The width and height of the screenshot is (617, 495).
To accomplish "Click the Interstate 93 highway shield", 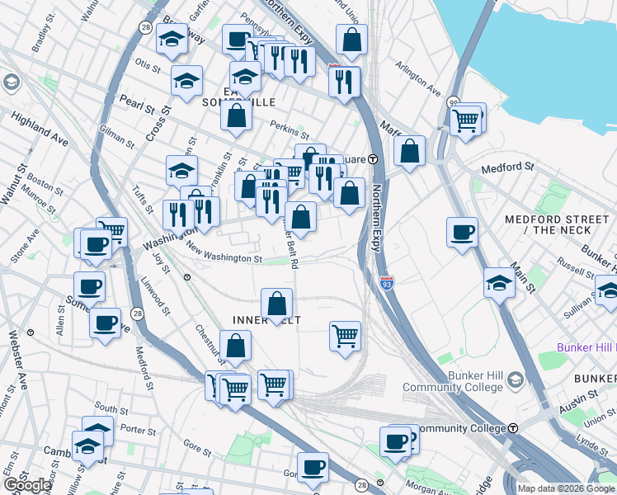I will tap(387, 284).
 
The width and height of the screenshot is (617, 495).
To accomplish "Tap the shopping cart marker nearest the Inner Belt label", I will tap(344, 335).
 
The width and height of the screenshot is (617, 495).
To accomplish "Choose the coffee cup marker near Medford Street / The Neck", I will tap(462, 231).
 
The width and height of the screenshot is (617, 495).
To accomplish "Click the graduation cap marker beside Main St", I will tap(499, 282).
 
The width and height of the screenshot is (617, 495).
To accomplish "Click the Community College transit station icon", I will tap(513, 429).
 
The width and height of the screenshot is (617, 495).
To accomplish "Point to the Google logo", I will tap(27, 485).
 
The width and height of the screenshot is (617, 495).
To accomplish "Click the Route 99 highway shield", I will tap(453, 102).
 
